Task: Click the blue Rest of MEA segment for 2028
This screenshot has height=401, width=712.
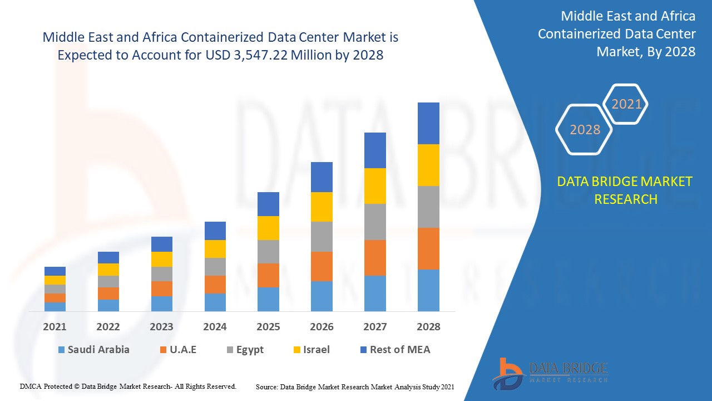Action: tap(428, 123)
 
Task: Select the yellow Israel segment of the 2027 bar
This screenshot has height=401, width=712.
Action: tap(375, 186)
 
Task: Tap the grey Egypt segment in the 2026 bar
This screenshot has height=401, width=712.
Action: tap(322, 237)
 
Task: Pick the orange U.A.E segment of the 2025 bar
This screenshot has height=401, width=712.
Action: tap(268, 275)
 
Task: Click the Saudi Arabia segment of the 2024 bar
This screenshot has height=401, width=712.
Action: tap(215, 302)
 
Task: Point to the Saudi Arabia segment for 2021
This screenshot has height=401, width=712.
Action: tap(55, 306)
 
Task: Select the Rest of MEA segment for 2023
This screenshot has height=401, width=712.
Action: tap(162, 244)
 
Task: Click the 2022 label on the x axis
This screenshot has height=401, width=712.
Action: tap(108, 327)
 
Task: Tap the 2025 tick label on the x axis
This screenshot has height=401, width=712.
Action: tap(268, 327)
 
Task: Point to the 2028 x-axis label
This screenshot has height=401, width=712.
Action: tap(428, 327)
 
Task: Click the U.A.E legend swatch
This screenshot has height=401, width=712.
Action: tap(163, 350)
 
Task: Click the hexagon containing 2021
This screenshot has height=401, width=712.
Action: tap(626, 104)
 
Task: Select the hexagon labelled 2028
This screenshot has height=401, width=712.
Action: tap(585, 130)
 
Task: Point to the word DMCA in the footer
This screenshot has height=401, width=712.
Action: tap(30, 386)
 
